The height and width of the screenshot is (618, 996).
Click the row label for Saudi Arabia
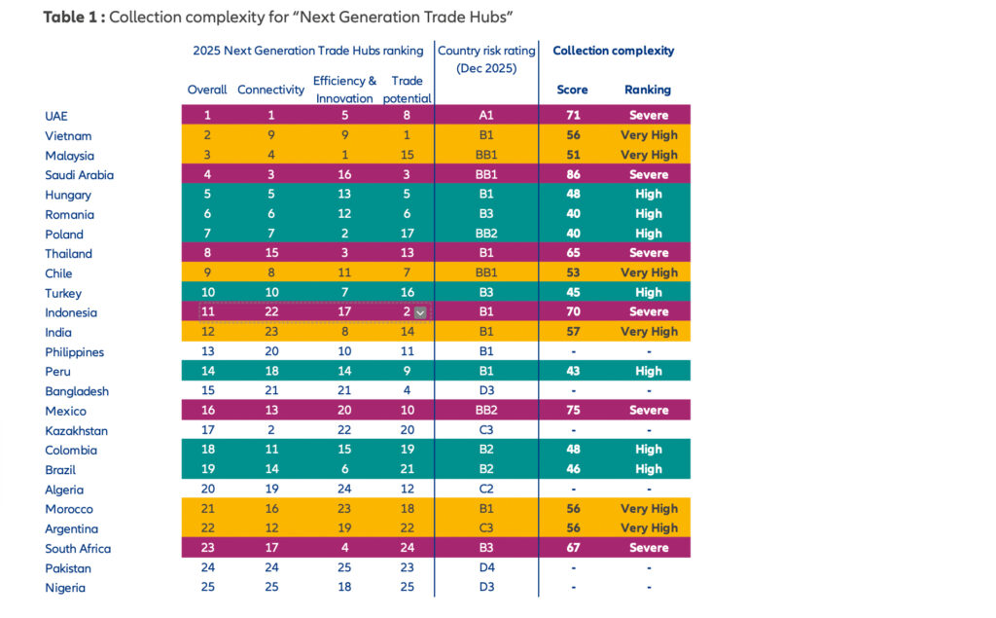79,175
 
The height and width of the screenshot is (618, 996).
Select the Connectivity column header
270,90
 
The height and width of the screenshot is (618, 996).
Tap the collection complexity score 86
572,175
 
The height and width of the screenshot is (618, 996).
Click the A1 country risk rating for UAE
485,116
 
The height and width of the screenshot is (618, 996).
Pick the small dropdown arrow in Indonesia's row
420,312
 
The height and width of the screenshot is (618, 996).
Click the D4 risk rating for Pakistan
485,568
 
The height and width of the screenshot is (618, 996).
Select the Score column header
572,90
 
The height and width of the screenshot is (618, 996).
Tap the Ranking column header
648,90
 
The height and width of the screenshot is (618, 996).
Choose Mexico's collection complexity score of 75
572,411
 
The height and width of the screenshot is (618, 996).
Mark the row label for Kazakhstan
77,431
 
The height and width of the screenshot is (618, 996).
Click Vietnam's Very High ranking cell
649,135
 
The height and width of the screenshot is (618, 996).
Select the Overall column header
206,90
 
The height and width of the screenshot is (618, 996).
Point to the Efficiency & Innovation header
344,90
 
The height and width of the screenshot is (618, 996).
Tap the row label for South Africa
78,549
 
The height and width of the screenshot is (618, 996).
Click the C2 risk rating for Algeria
485,490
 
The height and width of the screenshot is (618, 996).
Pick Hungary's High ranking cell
649,195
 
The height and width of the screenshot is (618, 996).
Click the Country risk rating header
485,59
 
